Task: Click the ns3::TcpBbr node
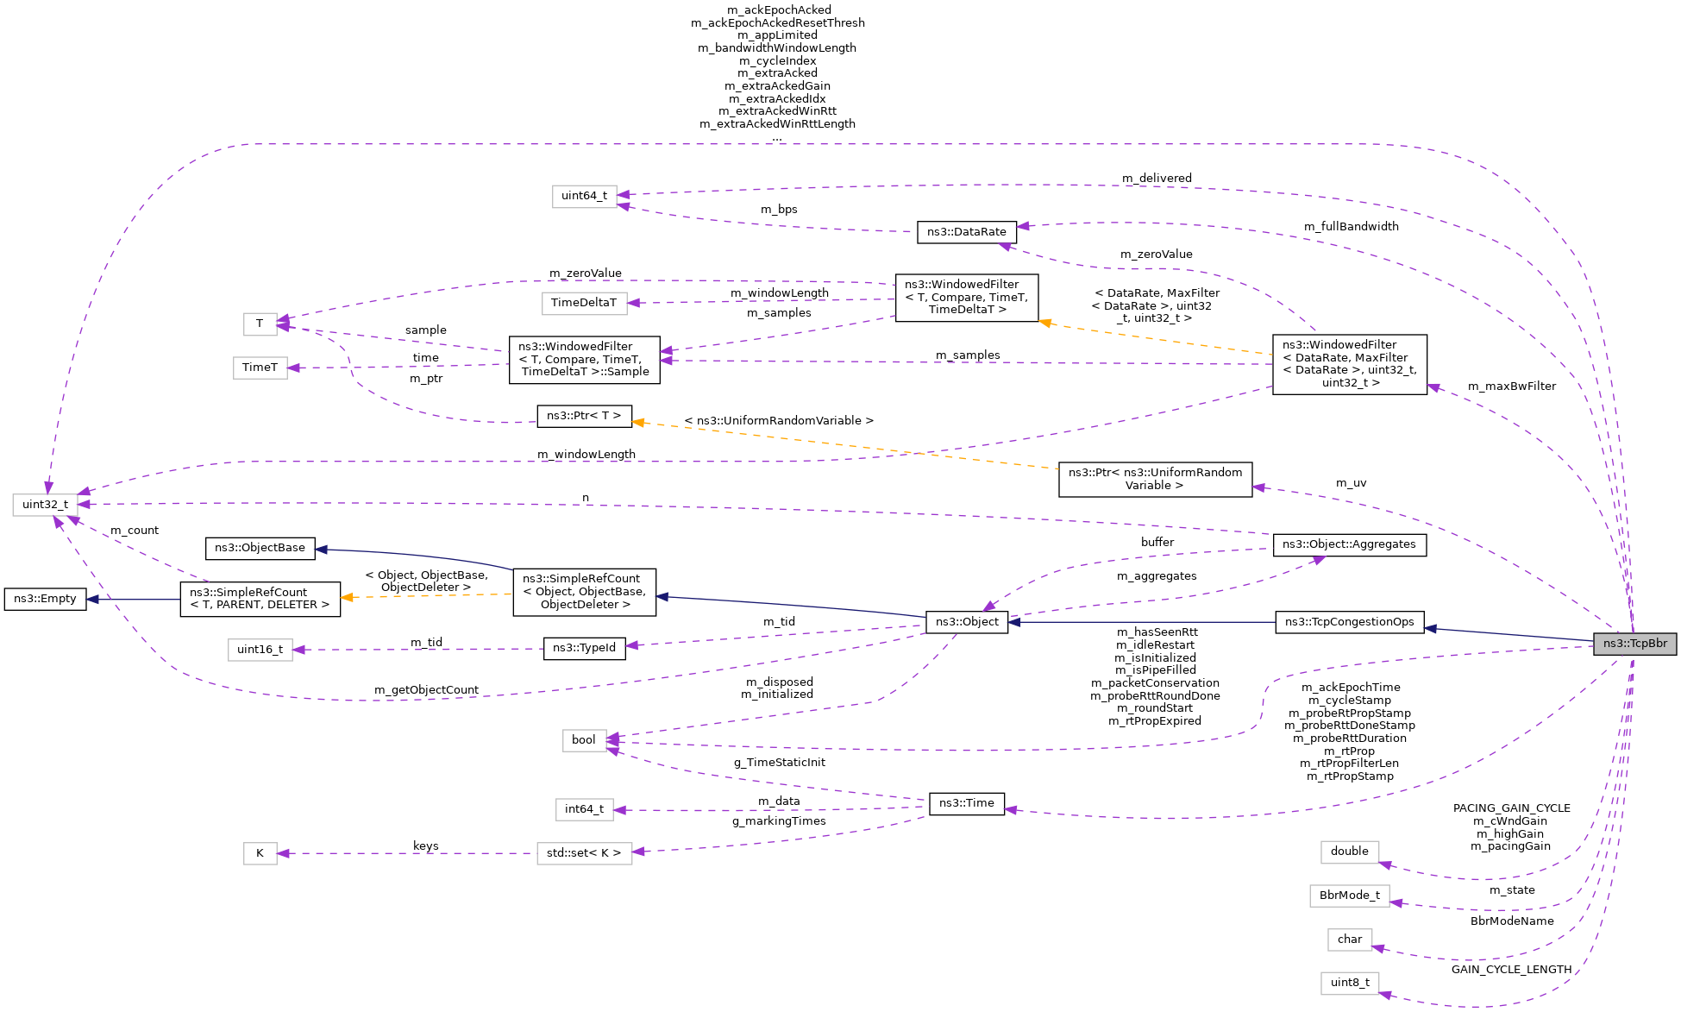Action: (x=1634, y=644)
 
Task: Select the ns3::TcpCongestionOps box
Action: (x=1349, y=622)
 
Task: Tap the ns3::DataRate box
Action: (x=966, y=232)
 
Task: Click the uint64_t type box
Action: (x=584, y=196)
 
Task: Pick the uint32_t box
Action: (x=45, y=505)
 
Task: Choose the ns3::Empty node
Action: (x=45, y=599)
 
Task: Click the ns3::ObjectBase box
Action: (x=260, y=548)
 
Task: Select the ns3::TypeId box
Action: (x=584, y=648)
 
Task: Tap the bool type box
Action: (x=583, y=740)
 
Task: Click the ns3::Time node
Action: (x=966, y=803)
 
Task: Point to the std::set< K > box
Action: (x=584, y=853)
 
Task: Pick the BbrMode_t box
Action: (x=1349, y=896)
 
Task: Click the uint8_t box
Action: (x=1349, y=983)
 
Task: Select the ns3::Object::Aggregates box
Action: (x=1349, y=544)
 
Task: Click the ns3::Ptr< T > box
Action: (x=584, y=416)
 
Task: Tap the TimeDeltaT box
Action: (x=584, y=303)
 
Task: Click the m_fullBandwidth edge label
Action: (x=1351, y=227)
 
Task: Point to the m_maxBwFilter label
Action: (x=1511, y=387)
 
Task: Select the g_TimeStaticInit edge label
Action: (x=779, y=763)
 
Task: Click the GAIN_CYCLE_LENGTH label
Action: (x=1511, y=970)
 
